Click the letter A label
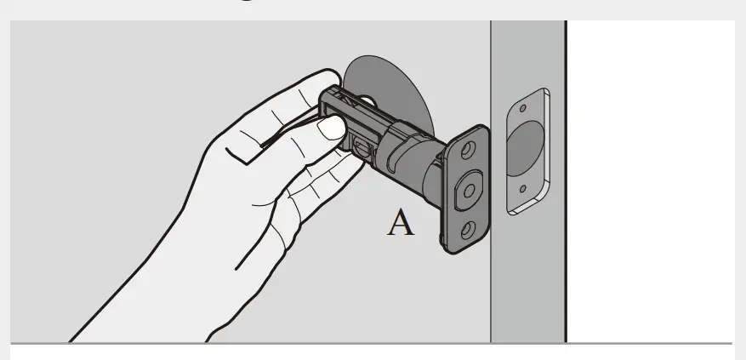[x=401, y=223]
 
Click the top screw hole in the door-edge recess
[x=523, y=108]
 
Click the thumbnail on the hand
[x=328, y=129]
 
